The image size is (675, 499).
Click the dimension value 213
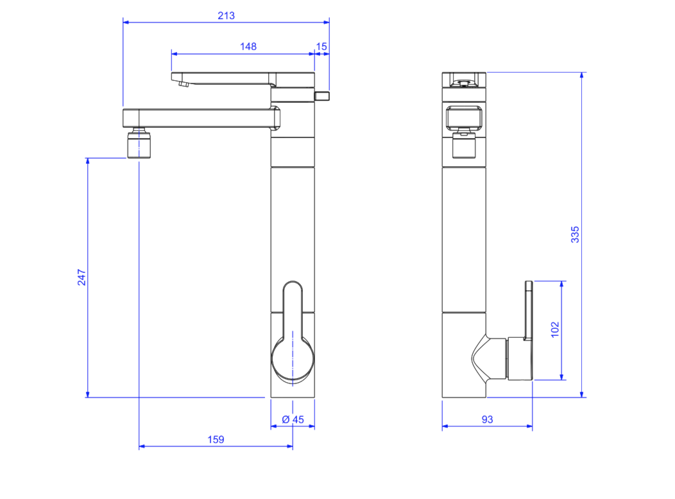coord(226,15)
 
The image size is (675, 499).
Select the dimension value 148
coord(248,46)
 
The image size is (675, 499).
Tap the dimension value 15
coord(321,46)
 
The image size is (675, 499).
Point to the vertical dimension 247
coord(81,277)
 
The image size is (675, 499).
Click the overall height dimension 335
coord(575,234)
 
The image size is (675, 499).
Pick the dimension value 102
coord(556,329)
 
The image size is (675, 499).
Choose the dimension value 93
coord(487,419)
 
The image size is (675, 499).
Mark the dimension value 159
coord(216,439)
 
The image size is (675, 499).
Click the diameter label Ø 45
coord(293,419)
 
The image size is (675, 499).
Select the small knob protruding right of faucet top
coord(321,96)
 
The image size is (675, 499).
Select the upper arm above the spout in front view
coord(225,78)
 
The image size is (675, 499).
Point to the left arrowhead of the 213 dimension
coord(126,22)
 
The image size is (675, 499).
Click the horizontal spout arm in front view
coord(199,118)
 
